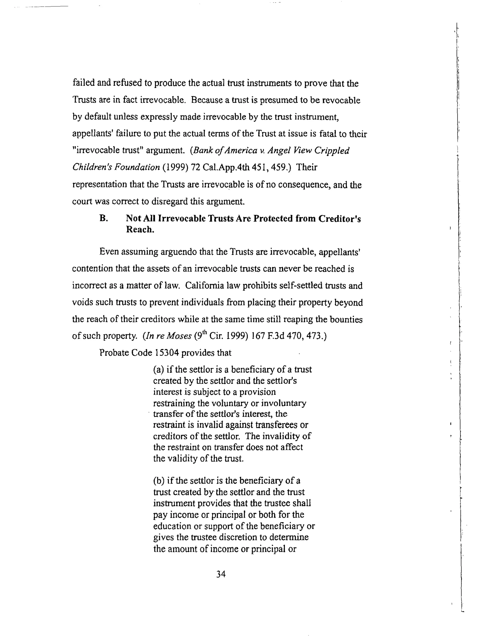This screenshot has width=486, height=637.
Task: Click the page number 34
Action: (x=221, y=574)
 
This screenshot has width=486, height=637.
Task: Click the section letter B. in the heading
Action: (x=103, y=218)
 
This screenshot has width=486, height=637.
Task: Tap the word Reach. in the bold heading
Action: (x=140, y=230)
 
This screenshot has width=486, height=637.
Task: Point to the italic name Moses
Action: (x=179, y=336)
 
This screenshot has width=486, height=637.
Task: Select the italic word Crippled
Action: (x=332, y=151)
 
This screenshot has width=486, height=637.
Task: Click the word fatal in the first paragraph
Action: (x=329, y=134)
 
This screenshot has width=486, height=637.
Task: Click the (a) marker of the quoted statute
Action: (x=159, y=370)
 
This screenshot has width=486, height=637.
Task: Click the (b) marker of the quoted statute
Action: (x=159, y=481)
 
